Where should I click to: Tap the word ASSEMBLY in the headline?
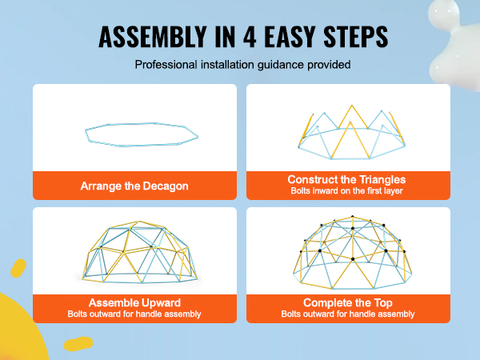pyautogui.click(x=153, y=37)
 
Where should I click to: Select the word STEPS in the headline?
pyautogui.click(x=356, y=37)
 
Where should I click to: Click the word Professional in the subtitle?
pyautogui.click(x=166, y=65)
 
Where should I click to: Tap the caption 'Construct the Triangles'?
pyautogui.click(x=346, y=179)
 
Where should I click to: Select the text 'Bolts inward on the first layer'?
pyautogui.click(x=346, y=190)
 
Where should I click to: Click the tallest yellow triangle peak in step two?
pyautogui.click(x=352, y=106)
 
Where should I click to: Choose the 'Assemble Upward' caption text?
pyautogui.click(x=134, y=302)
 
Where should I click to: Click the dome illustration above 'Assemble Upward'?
pyautogui.click(x=139, y=252)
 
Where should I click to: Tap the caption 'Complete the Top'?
pyautogui.click(x=348, y=302)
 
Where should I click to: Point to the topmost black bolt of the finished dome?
pyautogui.click(x=352, y=217)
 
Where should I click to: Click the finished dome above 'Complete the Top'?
pyautogui.click(x=352, y=252)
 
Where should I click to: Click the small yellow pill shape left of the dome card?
pyautogui.click(x=18, y=268)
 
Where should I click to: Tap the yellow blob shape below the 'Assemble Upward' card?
pyautogui.click(x=78, y=343)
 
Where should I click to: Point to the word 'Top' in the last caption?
pyautogui.click(x=383, y=302)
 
